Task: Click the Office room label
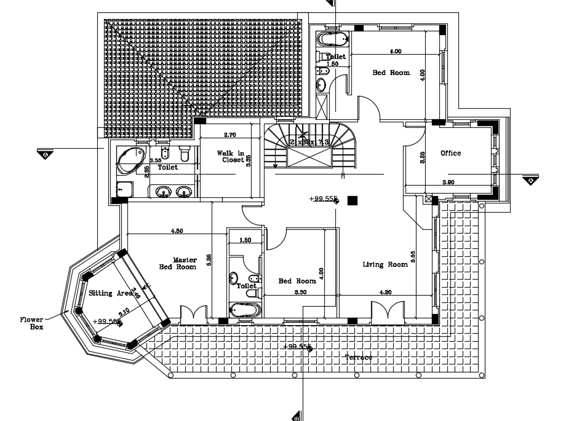click(x=450, y=153)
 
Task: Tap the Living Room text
click(x=385, y=264)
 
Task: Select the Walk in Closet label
click(x=231, y=156)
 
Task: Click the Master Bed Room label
click(x=178, y=263)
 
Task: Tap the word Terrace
click(x=359, y=357)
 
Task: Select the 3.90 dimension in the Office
click(x=448, y=183)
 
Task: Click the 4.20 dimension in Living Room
click(x=386, y=293)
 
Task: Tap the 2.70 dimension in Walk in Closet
click(x=230, y=134)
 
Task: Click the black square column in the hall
click(x=353, y=200)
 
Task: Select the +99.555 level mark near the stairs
click(x=324, y=199)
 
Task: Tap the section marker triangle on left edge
click(x=46, y=154)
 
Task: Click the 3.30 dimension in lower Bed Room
click(x=301, y=293)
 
